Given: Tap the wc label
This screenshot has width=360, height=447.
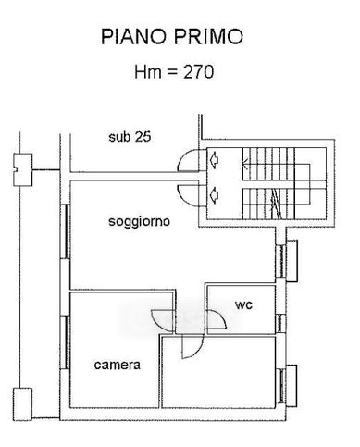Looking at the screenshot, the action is tap(243, 304).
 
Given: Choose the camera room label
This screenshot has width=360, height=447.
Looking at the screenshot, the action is tap(118, 366).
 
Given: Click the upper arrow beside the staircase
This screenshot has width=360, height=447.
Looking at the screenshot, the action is tap(216, 160).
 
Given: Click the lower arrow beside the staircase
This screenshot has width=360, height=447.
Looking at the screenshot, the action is tap(216, 193).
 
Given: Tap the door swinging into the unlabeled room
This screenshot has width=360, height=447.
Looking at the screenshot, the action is tap(192, 347).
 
